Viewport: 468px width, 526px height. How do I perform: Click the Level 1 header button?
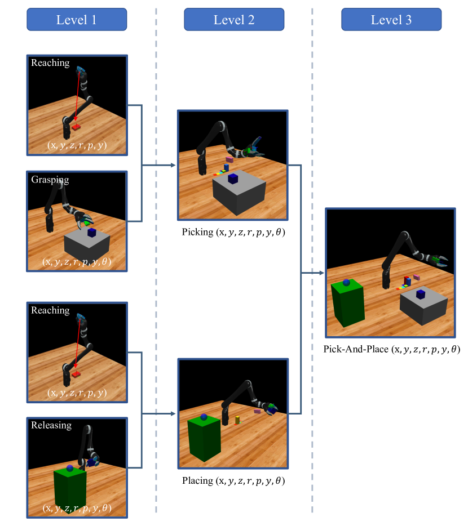click(77, 20)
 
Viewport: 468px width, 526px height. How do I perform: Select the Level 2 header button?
click(234, 20)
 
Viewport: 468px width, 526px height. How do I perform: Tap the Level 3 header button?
click(391, 20)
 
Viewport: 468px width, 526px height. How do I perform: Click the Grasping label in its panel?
click(50, 180)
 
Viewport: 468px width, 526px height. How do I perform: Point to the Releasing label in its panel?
click(51, 425)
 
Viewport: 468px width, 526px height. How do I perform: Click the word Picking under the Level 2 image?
click(197, 232)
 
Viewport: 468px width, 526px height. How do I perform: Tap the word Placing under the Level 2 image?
click(197, 481)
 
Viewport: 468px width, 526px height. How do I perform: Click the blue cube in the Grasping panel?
click(92, 233)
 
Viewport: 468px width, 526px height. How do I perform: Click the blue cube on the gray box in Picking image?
click(233, 179)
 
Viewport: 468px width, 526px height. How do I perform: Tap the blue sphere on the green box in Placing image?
click(204, 417)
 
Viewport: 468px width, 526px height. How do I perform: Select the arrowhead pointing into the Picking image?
click(173, 165)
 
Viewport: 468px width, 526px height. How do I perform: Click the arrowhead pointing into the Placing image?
click(173, 413)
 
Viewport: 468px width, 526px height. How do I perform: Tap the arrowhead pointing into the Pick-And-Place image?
click(321, 273)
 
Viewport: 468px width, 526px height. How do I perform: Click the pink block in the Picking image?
click(229, 159)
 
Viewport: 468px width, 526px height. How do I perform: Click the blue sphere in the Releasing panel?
click(70, 468)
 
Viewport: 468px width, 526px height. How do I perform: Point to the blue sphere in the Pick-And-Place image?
click(346, 283)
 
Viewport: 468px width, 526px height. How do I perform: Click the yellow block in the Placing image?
click(237, 420)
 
